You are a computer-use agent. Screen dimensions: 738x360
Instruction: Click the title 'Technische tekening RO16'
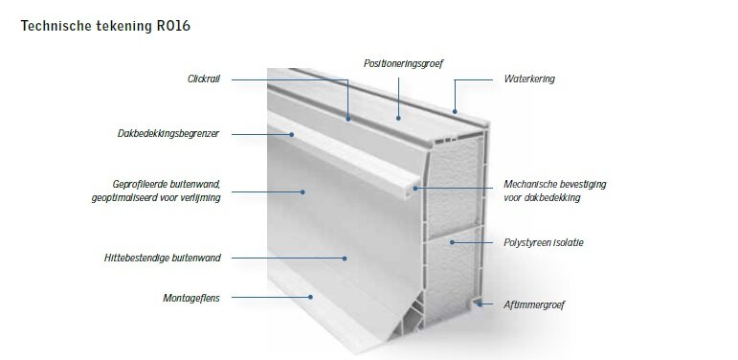coord(105,26)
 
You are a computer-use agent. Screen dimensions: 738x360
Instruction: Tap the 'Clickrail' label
coord(203,79)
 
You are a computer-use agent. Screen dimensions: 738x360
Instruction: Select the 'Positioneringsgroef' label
coord(403,63)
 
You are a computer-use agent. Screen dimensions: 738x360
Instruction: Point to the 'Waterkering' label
coord(529,79)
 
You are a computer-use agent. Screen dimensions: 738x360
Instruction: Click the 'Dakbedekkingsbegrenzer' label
coord(168,134)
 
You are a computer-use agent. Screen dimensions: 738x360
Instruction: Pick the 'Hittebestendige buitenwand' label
coord(163,258)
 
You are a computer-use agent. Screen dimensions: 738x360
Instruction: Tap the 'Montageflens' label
coord(191,298)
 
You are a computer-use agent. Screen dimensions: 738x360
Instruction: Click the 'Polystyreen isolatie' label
coord(543,243)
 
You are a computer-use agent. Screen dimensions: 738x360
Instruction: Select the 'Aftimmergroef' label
coord(534,304)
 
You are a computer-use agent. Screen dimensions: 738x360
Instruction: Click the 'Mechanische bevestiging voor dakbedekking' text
coord(555,191)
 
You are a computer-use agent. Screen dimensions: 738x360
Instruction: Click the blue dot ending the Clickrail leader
coord(348,119)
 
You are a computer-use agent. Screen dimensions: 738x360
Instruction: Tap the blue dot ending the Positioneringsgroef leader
coord(398,118)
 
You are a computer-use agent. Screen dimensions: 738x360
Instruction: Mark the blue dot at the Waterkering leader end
coord(455,111)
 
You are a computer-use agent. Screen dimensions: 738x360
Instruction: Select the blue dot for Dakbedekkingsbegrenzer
coord(291,135)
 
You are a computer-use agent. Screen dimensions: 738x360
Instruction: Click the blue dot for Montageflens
coord(311,297)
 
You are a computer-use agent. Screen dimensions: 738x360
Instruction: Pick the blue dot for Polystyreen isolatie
coord(452,242)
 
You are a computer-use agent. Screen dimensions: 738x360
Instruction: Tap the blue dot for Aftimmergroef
coord(480,304)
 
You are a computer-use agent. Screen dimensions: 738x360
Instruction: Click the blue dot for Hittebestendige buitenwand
coord(345,259)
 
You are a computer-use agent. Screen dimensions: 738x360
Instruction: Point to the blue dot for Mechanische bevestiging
coord(415,189)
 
